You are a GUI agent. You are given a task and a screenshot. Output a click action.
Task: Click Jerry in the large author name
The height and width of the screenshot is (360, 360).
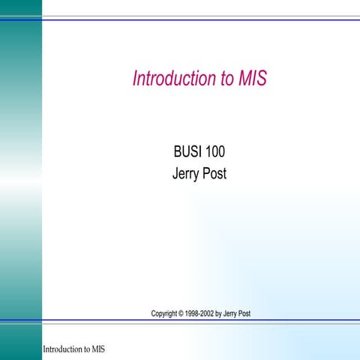[185, 175]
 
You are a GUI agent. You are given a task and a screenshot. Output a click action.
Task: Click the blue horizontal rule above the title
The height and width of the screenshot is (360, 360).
[200, 19]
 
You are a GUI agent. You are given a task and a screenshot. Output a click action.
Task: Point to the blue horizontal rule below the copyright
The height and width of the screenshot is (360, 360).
[200, 322]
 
